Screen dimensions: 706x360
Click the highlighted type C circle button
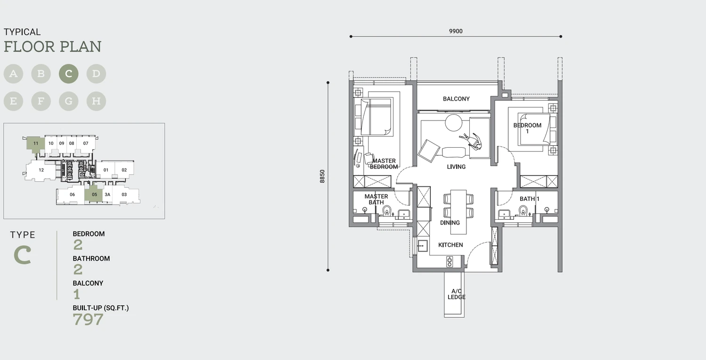(69, 74)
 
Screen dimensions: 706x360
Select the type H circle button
(96, 101)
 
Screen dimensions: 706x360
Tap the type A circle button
(13, 74)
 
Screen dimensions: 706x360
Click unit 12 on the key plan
(41, 170)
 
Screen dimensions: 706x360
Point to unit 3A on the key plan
(107, 194)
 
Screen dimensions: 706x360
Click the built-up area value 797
(88, 320)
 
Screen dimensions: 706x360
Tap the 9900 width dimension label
(456, 31)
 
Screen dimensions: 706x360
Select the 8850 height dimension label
(322, 176)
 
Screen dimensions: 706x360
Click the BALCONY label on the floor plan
(456, 99)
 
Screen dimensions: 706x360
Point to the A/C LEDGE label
(457, 294)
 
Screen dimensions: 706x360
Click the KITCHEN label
(450, 245)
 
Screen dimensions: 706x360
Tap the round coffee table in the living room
(454, 123)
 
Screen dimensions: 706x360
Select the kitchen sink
(422, 246)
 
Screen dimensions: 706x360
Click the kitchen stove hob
(449, 262)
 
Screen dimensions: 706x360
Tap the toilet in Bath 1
(523, 210)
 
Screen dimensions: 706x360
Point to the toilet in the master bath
(387, 210)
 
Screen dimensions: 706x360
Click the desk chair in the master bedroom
(369, 158)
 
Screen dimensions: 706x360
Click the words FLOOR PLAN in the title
(53, 47)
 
